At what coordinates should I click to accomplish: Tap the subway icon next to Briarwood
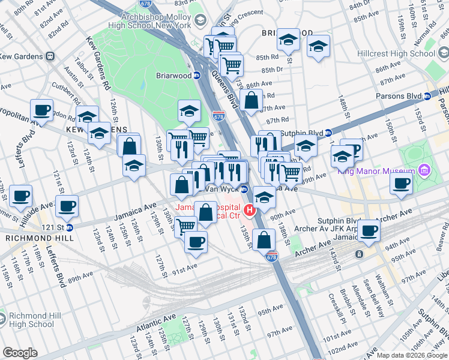pos(196,76)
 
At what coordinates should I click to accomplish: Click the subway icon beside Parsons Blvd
pos(427,96)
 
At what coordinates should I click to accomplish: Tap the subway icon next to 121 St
pos(69,227)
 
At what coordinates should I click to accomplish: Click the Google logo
pos(20,353)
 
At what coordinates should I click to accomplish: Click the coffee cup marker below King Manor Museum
pos(401,184)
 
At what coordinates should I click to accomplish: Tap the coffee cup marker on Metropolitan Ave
pos(41,110)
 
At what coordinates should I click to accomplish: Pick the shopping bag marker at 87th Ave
pos(252,100)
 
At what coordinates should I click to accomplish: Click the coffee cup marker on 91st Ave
pos(195,242)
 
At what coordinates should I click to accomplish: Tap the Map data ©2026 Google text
pos(411,355)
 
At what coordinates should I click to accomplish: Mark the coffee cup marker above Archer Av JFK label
pos(369,230)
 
